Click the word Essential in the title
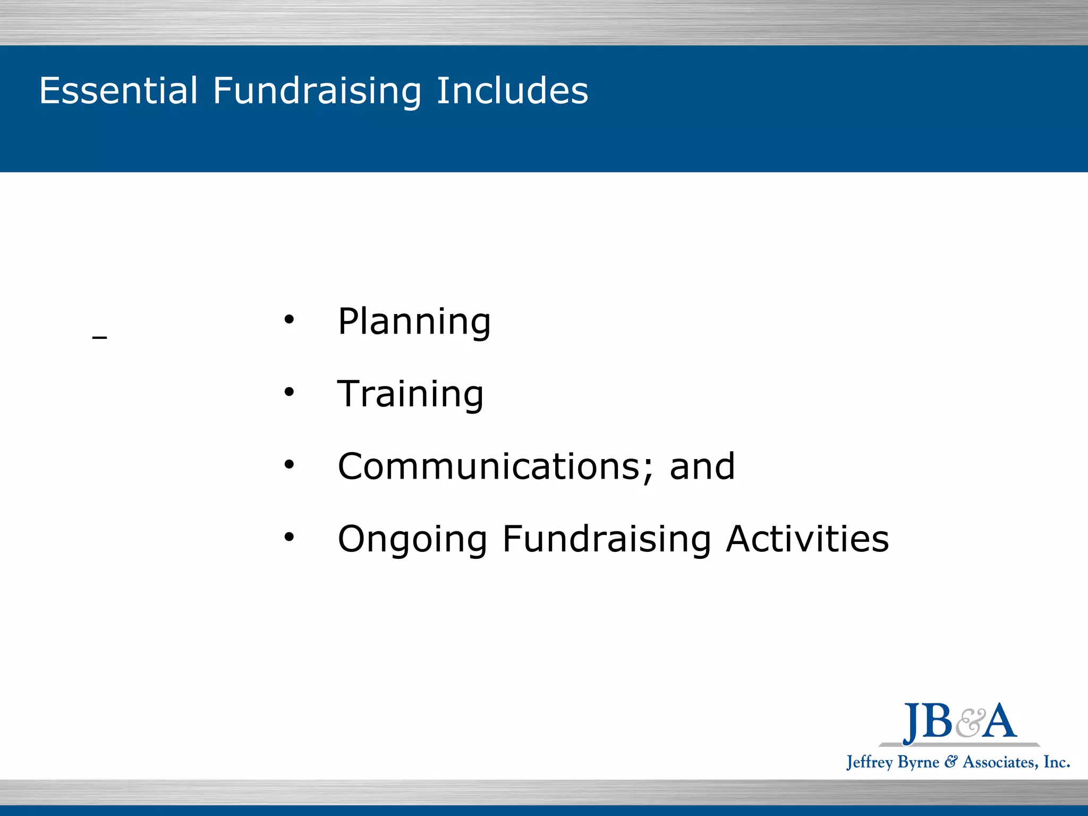[118, 90]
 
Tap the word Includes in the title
[512, 90]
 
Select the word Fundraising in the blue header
[317, 91]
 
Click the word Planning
[414, 322]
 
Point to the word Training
[411, 394]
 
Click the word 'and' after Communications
[702, 466]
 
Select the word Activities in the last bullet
[807, 539]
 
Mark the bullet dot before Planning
[288, 320]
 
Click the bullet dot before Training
[288, 393]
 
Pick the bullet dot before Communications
[288, 465]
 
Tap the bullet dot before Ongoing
[288, 537]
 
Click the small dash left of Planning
[99, 337]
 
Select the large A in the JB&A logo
[999, 721]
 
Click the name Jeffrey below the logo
[869, 763]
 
